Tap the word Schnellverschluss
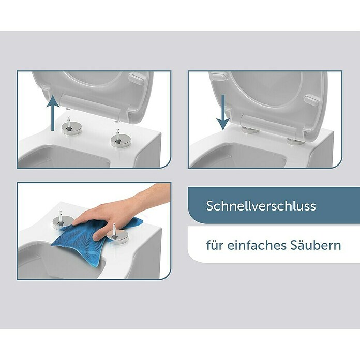click(261, 206)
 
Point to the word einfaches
click(257, 245)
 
